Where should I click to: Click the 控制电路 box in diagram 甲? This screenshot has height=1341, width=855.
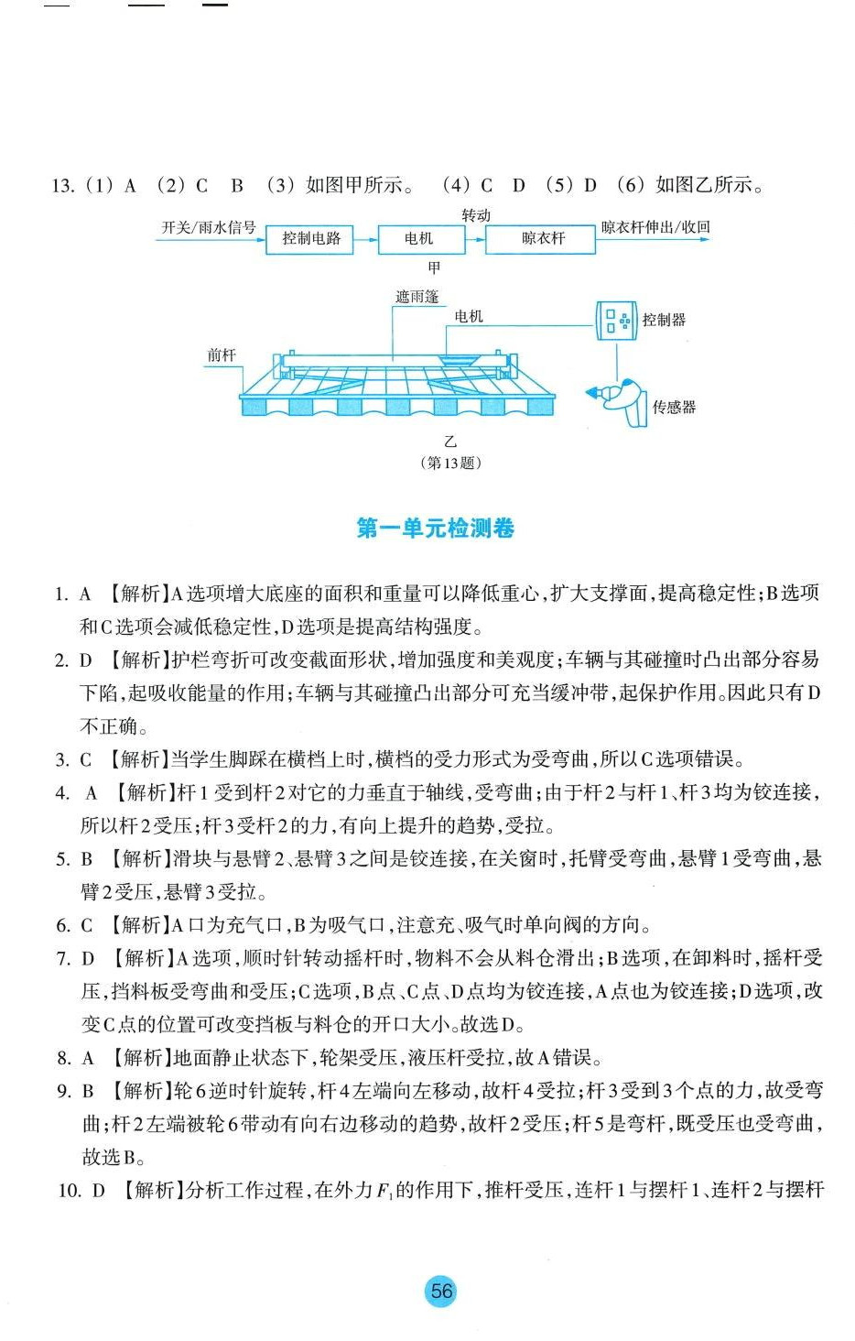coord(311,239)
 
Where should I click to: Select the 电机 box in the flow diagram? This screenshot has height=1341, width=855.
coord(418,239)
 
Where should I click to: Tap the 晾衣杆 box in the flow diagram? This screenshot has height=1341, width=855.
coord(543,239)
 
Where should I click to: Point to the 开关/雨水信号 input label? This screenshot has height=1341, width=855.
coord(209,227)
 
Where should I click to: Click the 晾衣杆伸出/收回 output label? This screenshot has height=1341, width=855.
coord(655,227)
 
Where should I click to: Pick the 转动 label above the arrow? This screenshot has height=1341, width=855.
coord(476,215)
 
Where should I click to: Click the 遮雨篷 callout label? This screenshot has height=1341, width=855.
coord(417,297)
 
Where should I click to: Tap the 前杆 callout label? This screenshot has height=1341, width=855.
coord(222,355)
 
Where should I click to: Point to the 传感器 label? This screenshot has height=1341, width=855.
coord(674,408)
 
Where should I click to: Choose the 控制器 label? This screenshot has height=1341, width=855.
coord(664,320)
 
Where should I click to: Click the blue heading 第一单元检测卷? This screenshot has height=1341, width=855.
coord(436,529)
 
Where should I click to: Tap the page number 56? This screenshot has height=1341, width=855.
coord(441,1292)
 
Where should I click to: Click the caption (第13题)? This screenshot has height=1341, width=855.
coord(450,463)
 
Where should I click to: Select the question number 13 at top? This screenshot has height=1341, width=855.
coord(62,186)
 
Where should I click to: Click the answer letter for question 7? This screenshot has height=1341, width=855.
coord(88,959)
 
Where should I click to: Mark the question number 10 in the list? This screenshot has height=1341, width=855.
coord(69,1191)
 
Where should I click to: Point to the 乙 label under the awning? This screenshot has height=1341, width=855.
coord(450,442)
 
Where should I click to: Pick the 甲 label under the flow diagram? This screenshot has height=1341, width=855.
coord(434,267)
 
